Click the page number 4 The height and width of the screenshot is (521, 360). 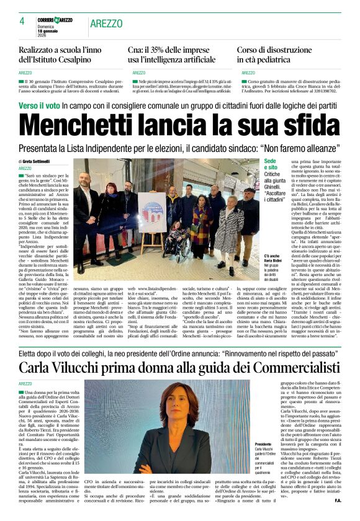pyautogui.click(x=22, y=20)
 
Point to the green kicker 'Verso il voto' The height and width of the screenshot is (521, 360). pyautogui.click(x=41, y=105)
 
